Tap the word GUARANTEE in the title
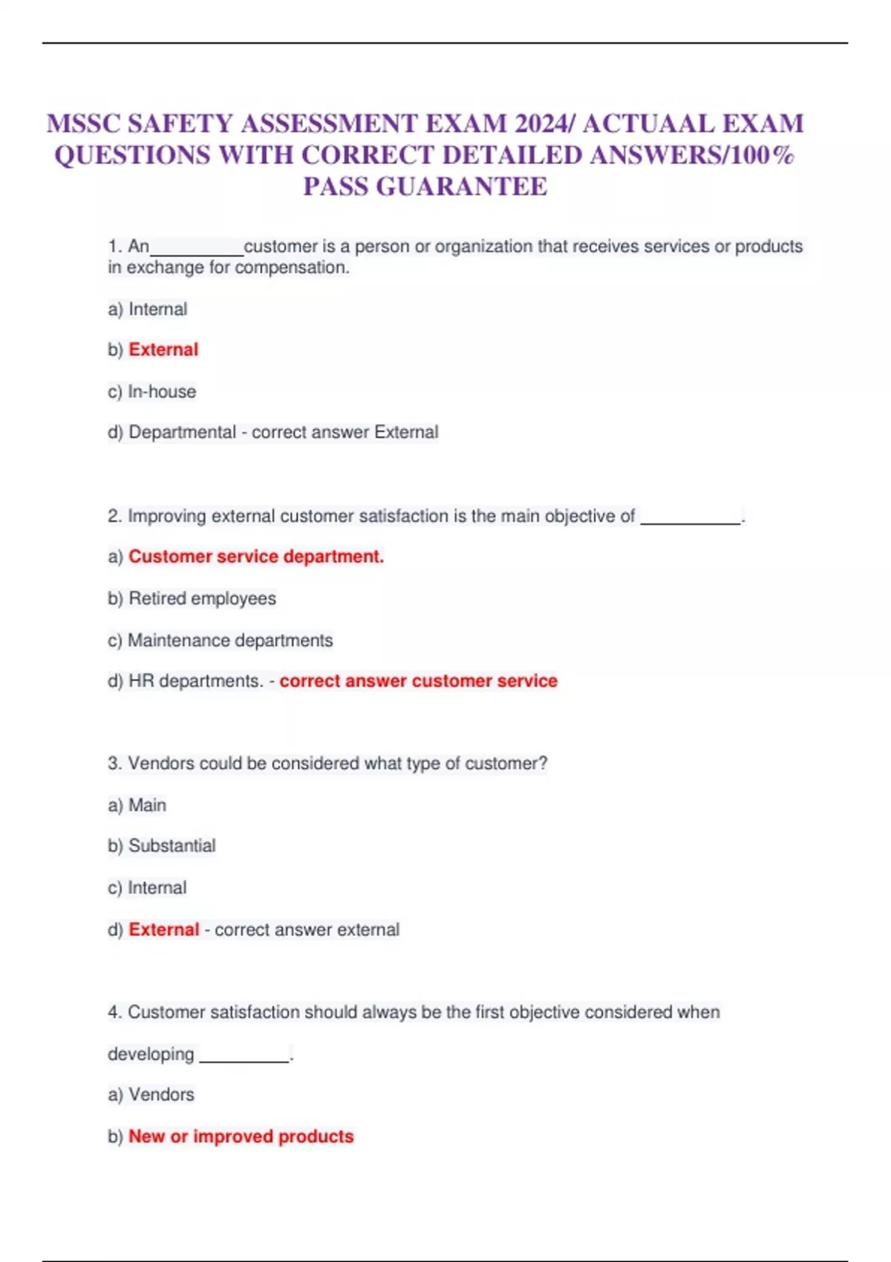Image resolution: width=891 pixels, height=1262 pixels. click(x=462, y=186)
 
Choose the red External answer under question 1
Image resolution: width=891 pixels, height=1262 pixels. click(x=163, y=350)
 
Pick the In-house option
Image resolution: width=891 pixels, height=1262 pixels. click(x=162, y=391)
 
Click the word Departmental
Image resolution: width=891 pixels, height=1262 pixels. click(x=182, y=432)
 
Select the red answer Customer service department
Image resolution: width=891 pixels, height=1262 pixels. click(x=256, y=557)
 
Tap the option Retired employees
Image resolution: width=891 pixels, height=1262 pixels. click(x=202, y=598)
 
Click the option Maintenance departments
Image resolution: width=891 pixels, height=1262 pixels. click(x=230, y=640)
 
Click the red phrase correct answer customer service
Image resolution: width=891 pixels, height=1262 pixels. click(x=418, y=681)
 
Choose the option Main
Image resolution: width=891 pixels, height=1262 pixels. click(x=147, y=805)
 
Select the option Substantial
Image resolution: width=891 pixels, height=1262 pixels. click(x=172, y=846)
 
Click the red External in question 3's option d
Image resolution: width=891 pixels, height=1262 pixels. click(x=163, y=929)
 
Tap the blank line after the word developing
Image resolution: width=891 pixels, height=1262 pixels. click(x=244, y=1059)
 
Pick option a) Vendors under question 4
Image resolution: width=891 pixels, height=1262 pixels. click(x=161, y=1094)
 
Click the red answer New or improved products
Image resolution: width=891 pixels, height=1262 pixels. click(x=241, y=1137)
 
